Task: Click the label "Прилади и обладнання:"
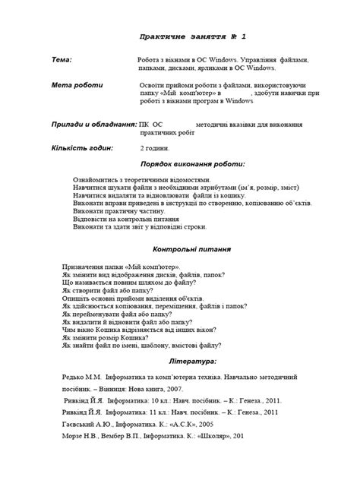click(x=93, y=123)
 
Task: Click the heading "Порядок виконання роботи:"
click(x=192, y=164)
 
